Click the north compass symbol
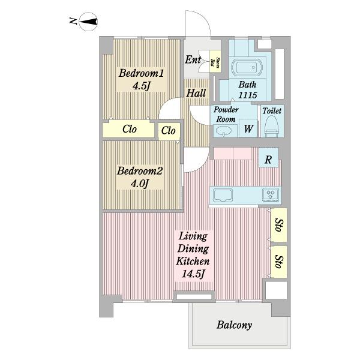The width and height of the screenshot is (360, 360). (x=88, y=22)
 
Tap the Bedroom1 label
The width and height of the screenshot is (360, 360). (x=141, y=73)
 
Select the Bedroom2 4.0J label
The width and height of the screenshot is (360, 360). (x=140, y=177)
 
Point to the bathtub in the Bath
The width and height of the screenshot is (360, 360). (x=246, y=67)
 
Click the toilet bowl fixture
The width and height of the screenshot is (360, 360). (x=272, y=126)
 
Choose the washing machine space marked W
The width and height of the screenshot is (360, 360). (x=248, y=128)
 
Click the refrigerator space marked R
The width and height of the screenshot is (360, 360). (x=268, y=158)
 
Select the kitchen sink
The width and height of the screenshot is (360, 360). (x=223, y=195)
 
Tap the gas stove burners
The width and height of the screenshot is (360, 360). (x=271, y=195)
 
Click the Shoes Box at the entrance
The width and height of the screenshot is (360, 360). (x=215, y=61)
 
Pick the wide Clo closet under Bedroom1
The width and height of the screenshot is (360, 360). (x=129, y=130)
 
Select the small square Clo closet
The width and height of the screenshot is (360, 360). (x=169, y=131)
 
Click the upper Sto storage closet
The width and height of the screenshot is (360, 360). (x=279, y=225)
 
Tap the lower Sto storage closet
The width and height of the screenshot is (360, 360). (x=279, y=262)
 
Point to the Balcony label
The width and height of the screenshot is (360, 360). (x=234, y=325)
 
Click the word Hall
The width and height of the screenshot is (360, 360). (x=196, y=93)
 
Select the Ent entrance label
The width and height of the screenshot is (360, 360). (x=193, y=59)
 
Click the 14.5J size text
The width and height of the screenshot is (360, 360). (x=193, y=274)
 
